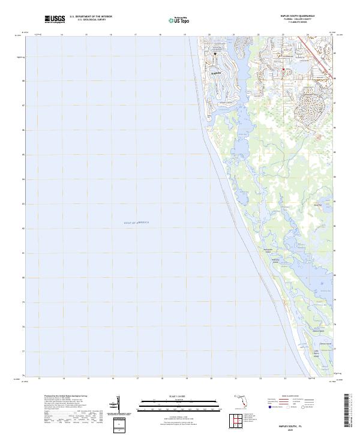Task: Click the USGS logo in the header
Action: pyautogui.click(x=55, y=20)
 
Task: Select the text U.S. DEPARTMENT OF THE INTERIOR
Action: pyautogui.click(x=91, y=17)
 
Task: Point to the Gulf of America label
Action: pyautogui.click(x=136, y=223)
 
